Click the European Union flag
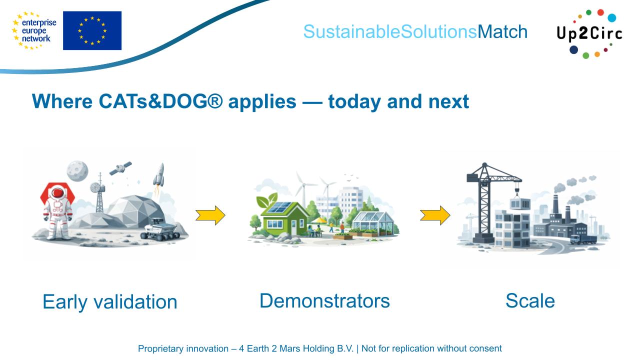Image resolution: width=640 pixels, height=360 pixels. pyautogui.click(x=92, y=30)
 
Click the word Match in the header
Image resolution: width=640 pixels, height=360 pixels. pyautogui.click(x=502, y=32)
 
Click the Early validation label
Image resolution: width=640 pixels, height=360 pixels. pyautogui.click(x=110, y=301)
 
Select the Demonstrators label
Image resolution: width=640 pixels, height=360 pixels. pyautogui.click(x=324, y=300)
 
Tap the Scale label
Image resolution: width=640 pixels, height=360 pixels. pyautogui.click(x=530, y=300)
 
